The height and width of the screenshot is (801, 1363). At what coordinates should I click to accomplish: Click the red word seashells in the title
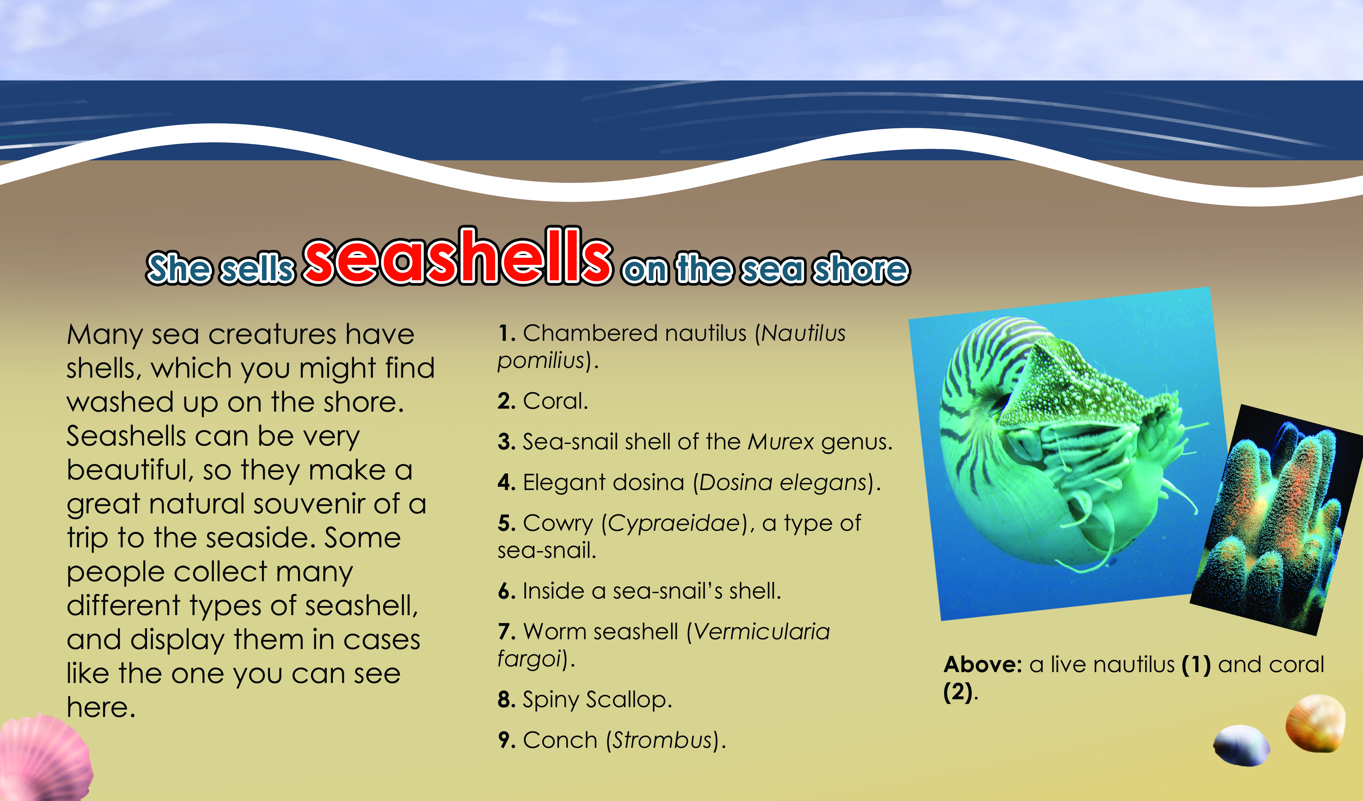coord(458,255)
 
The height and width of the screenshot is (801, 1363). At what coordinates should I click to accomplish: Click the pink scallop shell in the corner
coord(43,758)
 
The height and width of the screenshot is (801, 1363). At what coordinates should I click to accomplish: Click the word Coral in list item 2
coord(555,401)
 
